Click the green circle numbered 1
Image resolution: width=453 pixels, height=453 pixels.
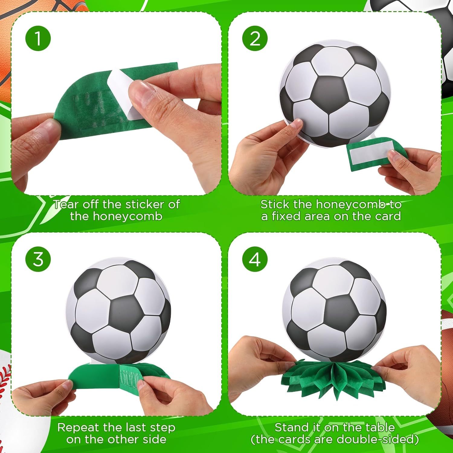(x=38, y=38)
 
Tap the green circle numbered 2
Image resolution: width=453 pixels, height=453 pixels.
(x=255, y=38)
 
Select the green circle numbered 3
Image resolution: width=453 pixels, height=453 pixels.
(x=38, y=259)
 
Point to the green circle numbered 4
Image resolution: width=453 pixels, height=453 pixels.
(x=255, y=259)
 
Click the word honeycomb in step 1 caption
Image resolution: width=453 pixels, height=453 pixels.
(x=127, y=217)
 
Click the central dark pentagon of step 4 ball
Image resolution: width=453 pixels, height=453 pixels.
(x=339, y=313)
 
